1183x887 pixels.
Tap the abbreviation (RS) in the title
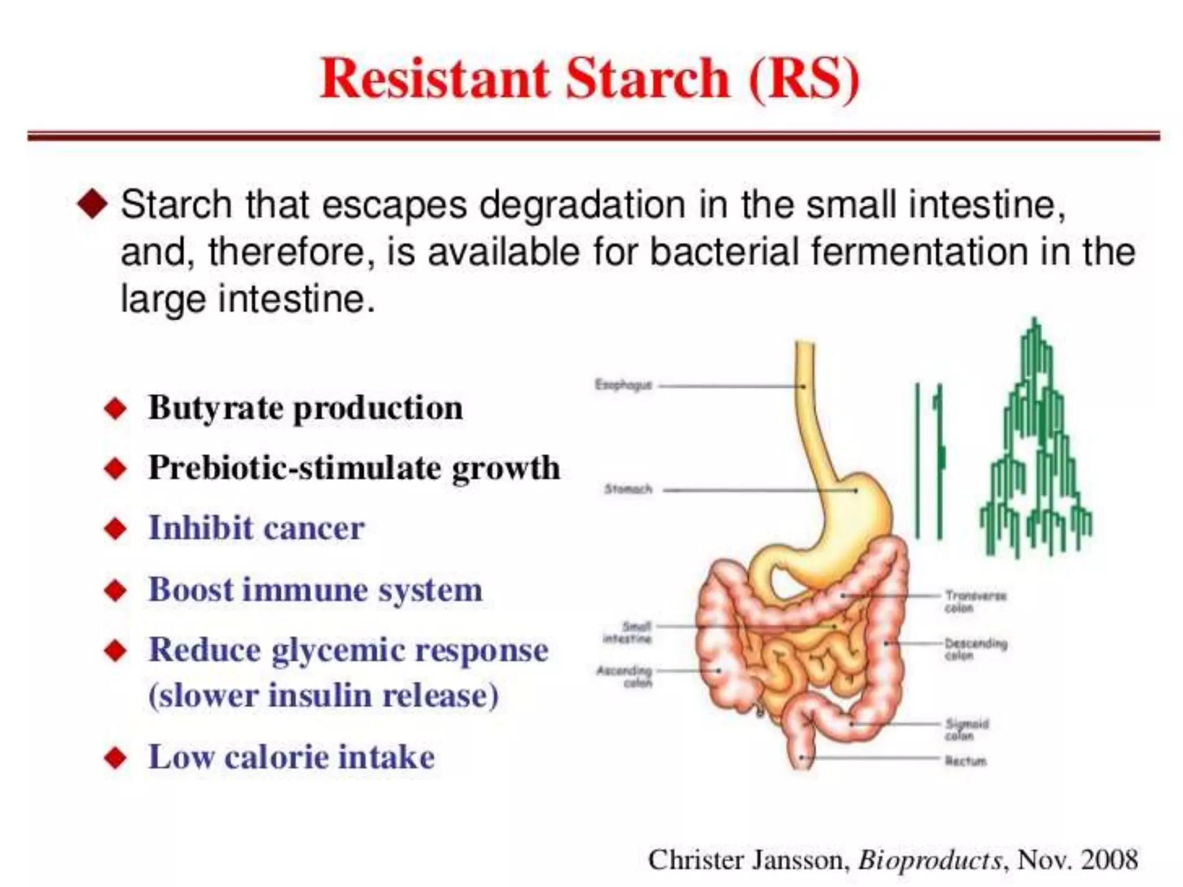(x=803, y=80)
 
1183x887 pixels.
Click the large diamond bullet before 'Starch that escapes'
(x=92, y=204)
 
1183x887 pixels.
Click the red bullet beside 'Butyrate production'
(x=116, y=409)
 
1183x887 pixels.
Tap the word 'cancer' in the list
(x=314, y=528)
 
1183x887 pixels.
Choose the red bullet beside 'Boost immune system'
(x=116, y=591)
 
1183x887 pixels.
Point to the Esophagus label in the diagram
(x=623, y=385)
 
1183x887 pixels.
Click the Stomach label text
(x=628, y=490)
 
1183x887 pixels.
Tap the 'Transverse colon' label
(x=975, y=601)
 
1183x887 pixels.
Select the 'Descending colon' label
(x=976, y=649)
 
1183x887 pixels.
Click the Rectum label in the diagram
(x=965, y=761)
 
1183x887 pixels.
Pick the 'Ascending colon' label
(x=624, y=676)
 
